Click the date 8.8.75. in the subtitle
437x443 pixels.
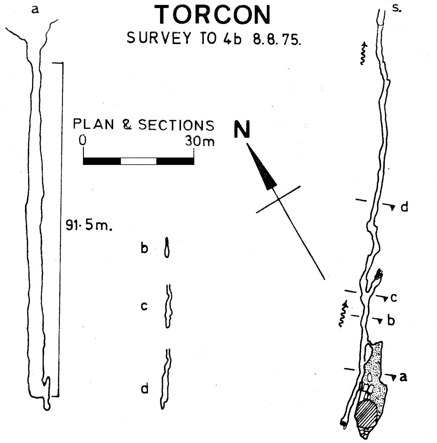point(277,39)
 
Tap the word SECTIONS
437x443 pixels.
point(176,125)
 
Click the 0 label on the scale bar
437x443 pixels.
point(82,140)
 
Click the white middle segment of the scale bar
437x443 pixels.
point(138,161)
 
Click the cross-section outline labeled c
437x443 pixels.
point(169,306)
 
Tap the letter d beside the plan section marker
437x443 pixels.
point(404,207)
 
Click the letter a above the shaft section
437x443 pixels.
point(35,10)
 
